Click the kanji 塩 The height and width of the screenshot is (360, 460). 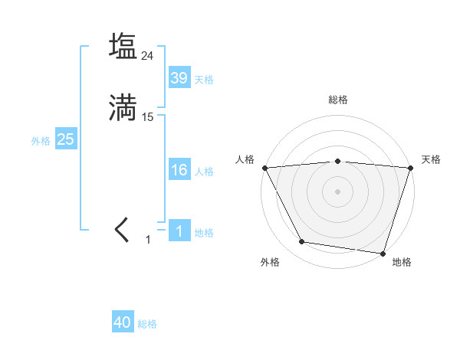123,46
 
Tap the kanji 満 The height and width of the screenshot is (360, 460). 123,107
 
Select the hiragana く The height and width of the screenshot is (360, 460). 123,230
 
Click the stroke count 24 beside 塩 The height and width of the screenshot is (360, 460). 148,56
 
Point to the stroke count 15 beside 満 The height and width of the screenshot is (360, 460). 148,117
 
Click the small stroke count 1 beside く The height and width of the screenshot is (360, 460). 148,240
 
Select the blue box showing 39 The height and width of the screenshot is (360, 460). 179,78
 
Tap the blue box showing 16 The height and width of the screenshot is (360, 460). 179,170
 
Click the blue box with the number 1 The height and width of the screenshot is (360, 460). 179,231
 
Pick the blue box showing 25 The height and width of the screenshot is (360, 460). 65,139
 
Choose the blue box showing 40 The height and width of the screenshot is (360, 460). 122,323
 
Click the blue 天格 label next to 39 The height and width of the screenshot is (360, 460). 204,80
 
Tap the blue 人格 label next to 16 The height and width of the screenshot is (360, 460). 204,172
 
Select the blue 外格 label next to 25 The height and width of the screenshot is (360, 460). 41,141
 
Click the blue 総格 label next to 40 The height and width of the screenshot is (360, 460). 147,325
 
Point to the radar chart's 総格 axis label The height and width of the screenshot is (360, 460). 337,100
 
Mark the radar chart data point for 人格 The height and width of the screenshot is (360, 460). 264,167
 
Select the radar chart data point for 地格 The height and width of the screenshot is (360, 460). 383,253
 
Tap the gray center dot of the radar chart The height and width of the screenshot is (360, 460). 337,191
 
